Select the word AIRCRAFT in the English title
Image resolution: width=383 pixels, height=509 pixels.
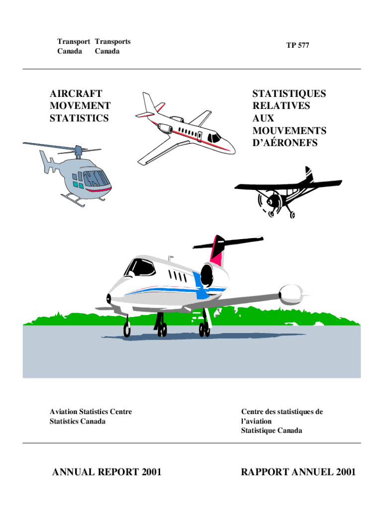[76, 93]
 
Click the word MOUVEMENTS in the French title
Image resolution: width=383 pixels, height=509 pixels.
[289, 131]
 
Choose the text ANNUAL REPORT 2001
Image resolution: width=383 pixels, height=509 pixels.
[107, 472]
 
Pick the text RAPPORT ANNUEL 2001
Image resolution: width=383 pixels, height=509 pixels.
[298, 472]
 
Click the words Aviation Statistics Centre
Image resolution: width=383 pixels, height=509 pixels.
[91, 412]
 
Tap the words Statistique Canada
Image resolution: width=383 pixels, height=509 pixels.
[271, 430]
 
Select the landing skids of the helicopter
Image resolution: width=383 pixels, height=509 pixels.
[82, 200]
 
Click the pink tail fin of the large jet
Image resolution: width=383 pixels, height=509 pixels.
[217, 252]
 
